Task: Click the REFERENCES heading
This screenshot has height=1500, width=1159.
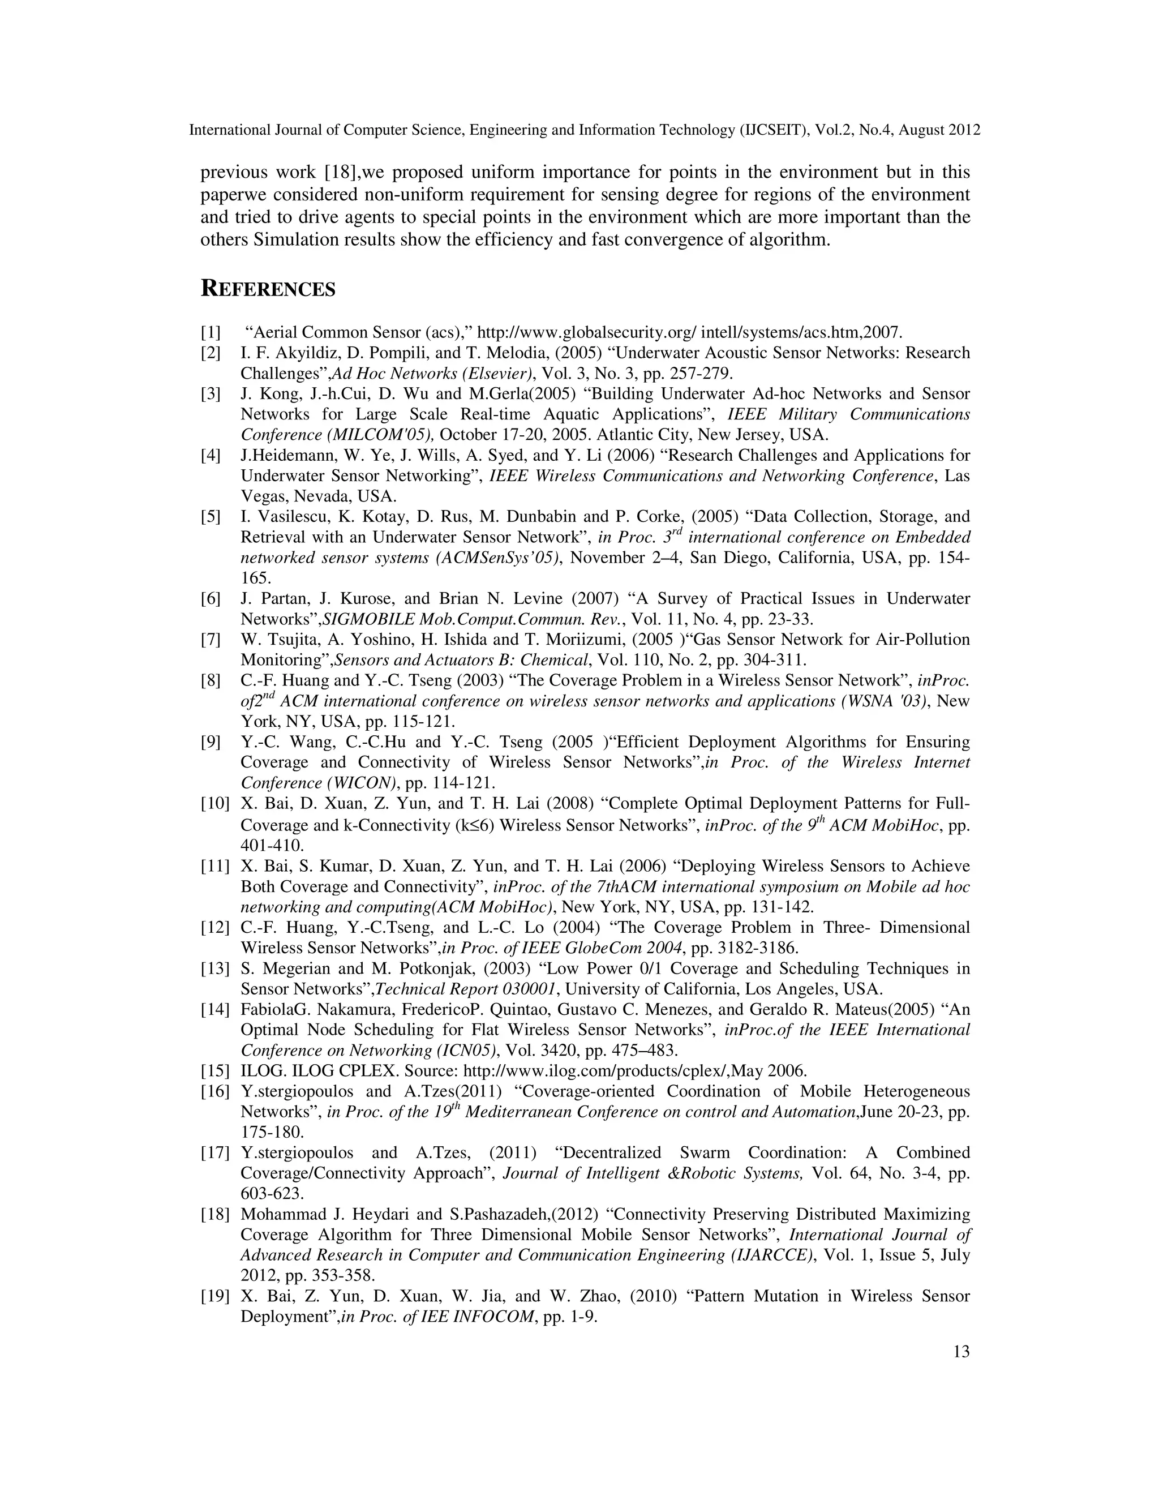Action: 268,289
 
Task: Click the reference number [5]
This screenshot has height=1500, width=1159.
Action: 211,516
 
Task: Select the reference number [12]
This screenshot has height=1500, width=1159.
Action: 215,927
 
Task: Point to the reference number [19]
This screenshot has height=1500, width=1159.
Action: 215,1296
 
